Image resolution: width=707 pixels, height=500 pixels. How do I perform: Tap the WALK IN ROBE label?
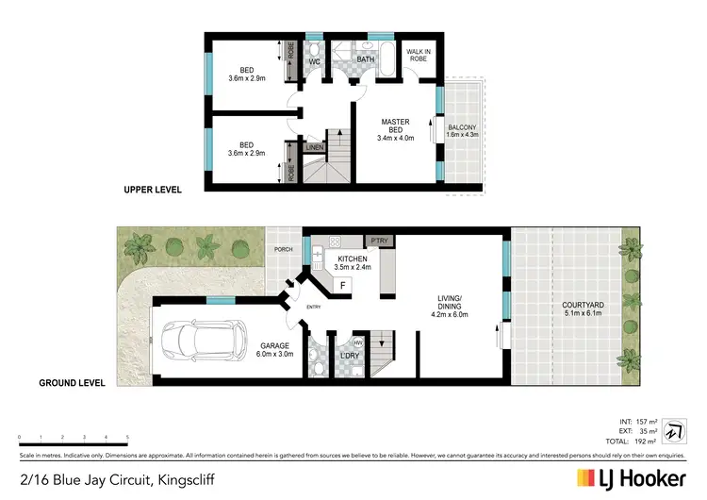click(x=418, y=55)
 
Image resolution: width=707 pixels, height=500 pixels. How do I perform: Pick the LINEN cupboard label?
click(x=315, y=147)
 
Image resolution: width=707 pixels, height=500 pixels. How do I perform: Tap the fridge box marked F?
click(x=343, y=284)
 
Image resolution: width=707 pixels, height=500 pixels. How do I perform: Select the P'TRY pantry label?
click(x=381, y=242)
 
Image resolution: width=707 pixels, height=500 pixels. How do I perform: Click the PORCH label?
click(x=282, y=250)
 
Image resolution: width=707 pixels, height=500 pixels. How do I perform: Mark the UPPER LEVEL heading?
click(x=152, y=190)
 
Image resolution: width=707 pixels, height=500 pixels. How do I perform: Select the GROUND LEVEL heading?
click(x=70, y=383)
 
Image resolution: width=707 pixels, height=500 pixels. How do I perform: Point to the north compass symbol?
click(x=673, y=428)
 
